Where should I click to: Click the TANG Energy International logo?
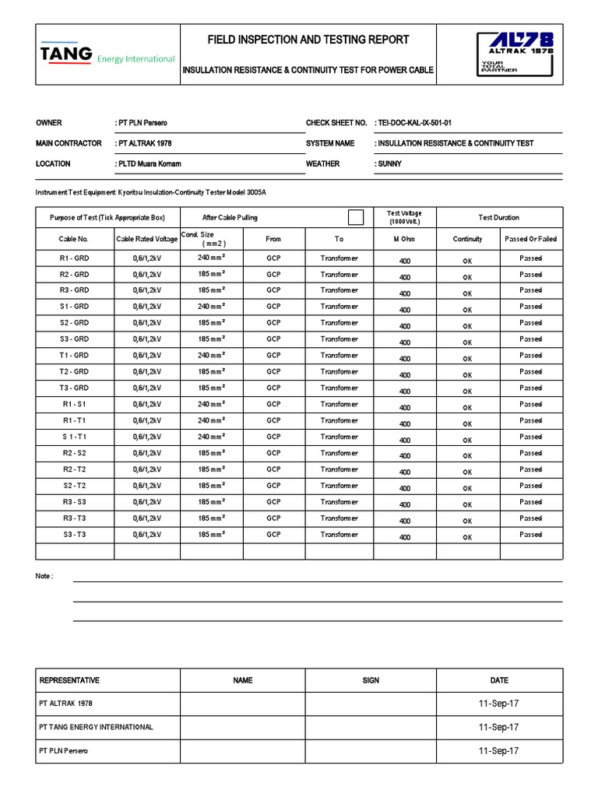pyautogui.click(x=107, y=54)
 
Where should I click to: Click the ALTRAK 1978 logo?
pyautogui.click(x=516, y=54)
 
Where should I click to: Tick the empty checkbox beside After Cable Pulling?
pyautogui.click(x=356, y=217)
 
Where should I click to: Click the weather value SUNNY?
pyautogui.click(x=389, y=164)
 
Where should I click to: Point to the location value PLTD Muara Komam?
pyautogui.click(x=148, y=164)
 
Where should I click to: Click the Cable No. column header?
pyautogui.click(x=75, y=239)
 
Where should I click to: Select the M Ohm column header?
pyautogui.click(x=405, y=239)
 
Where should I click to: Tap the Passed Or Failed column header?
pyautogui.click(x=530, y=239)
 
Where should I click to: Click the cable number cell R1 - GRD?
pyautogui.click(x=75, y=258)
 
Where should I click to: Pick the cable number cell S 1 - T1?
pyautogui.click(x=75, y=437)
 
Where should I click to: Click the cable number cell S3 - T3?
pyautogui.click(x=75, y=535)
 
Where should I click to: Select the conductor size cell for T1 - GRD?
pyautogui.click(x=211, y=355)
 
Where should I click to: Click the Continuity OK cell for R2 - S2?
pyautogui.click(x=467, y=455)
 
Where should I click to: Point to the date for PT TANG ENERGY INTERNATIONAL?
pyautogui.click(x=498, y=727)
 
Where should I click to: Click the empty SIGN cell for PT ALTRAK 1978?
pyautogui.click(x=371, y=704)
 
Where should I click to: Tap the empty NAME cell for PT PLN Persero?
pyautogui.click(x=242, y=751)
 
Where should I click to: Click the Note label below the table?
pyautogui.click(x=44, y=576)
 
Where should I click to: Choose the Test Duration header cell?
pyautogui.click(x=498, y=217)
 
